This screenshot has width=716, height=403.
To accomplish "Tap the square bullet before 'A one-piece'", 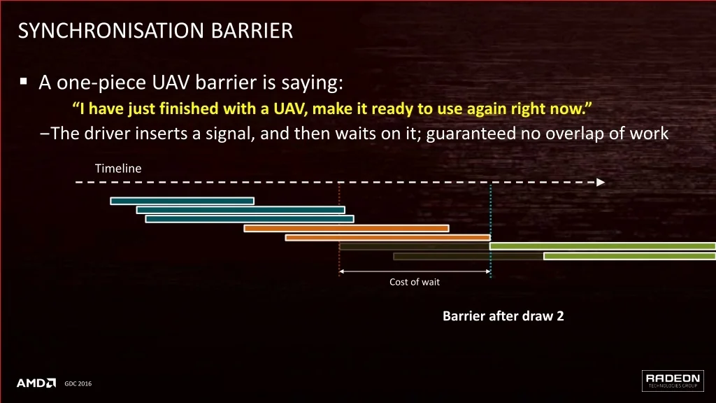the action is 24,82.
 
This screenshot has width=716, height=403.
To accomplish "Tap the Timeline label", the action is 118,168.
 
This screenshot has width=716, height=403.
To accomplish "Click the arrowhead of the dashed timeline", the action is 601,183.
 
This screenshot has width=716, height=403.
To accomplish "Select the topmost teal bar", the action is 182,201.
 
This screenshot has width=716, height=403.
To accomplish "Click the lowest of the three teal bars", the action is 250,219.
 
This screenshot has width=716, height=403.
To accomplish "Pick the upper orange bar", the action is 347,229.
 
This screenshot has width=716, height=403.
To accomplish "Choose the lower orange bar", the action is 388,238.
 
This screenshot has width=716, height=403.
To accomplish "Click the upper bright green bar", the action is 603,246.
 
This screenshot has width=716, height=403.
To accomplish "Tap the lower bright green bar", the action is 630,256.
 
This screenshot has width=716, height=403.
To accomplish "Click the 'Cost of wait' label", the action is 415,282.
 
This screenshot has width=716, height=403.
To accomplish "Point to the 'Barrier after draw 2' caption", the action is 503,316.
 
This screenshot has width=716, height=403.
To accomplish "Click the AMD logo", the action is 36,383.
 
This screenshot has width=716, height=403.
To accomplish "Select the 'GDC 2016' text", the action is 78,384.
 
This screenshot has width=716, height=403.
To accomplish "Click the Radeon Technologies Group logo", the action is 673,381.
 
